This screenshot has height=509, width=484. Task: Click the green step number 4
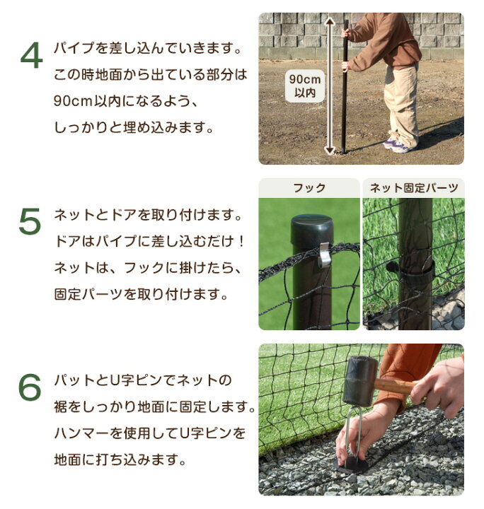(31, 57)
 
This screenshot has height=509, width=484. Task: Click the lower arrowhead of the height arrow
(330, 149)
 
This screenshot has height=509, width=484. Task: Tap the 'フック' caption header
(309, 188)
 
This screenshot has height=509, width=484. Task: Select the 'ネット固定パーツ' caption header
(414, 188)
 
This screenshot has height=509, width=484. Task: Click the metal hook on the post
(324, 253)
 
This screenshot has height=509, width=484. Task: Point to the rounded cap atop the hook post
(312, 226)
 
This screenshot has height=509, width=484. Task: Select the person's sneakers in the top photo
(398, 146)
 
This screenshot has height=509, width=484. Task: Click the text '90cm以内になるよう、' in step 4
(124, 101)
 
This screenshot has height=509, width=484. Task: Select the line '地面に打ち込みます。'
(120, 460)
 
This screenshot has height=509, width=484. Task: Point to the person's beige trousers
(403, 99)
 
